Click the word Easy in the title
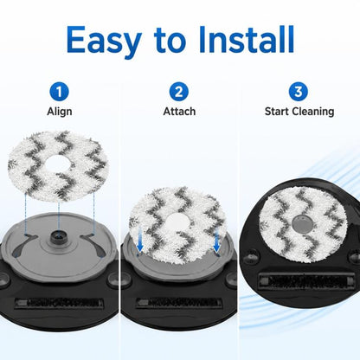[104, 41]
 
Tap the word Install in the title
[246, 39]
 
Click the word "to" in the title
[170, 41]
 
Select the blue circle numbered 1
[59, 92]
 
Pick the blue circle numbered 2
[179, 92]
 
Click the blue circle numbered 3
[299, 92]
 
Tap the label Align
[60, 112]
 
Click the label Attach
[179, 111]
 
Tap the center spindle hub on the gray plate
[59, 236]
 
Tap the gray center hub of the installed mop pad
[302, 223]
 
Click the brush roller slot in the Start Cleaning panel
[305, 280]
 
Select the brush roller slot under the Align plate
[59, 303]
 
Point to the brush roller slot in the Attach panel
[179, 303]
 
